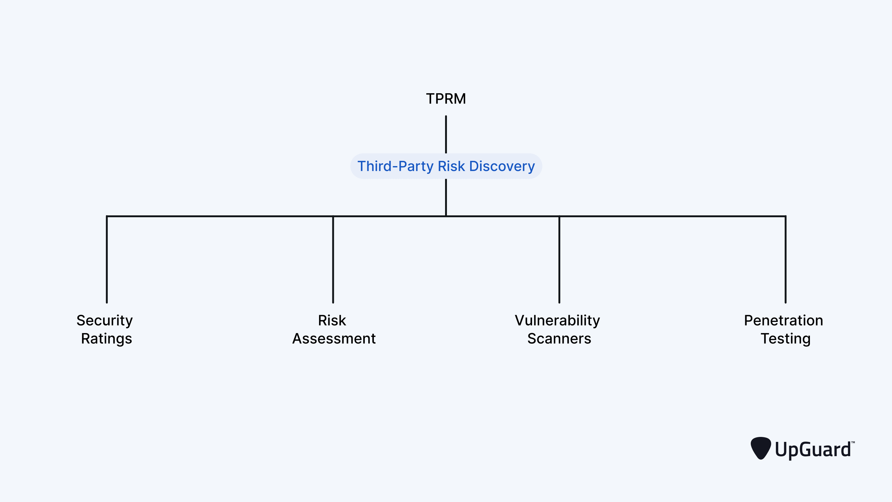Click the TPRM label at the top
[446, 99]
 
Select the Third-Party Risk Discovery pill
[446, 166]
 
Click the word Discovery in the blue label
[502, 166]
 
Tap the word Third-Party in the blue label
[395, 166]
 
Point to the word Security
[105, 320]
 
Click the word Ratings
[106, 338]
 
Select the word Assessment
[334, 338]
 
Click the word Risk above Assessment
[332, 320]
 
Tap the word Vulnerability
[557, 320]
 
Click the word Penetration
[783, 320]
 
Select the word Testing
[785, 338]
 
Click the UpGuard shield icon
[760, 448]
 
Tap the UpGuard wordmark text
[813, 449]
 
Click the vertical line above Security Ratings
[107, 260]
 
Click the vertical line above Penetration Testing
[785, 260]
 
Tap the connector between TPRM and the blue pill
[446, 134]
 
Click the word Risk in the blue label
[451, 166]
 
